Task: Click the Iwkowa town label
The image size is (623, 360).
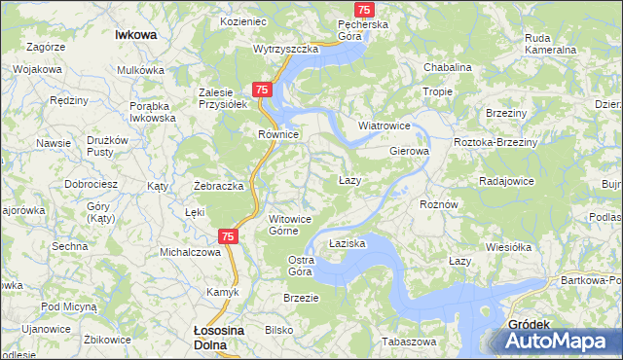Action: (x=135, y=33)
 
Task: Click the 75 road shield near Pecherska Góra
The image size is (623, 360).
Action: (x=364, y=9)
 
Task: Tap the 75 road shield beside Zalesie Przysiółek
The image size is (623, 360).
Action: (x=262, y=90)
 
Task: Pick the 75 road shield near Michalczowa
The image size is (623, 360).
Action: (x=227, y=235)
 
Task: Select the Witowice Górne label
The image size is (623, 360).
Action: (x=290, y=225)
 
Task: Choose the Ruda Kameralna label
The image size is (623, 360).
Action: (x=550, y=44)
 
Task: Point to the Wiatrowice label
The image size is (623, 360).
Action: (x=385, y=126)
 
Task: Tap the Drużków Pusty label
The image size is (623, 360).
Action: (x=107, y=146)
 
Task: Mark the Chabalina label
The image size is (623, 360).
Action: (x=448, y=67)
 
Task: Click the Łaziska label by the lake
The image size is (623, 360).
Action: (x=347, y=243)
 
